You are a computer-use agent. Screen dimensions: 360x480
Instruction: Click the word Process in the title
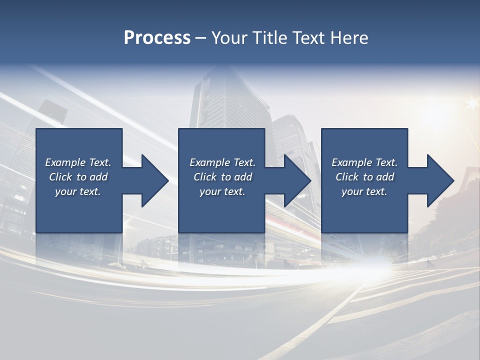(157, 38)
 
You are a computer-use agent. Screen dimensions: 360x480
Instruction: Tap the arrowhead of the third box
(439, 180)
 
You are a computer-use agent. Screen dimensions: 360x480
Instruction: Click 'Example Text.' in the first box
(78, 162)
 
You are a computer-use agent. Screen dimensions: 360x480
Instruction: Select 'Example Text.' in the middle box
(222, 162)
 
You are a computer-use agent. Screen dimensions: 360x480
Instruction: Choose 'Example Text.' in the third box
(364, 162)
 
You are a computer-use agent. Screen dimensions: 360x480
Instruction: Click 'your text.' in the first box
(78, 191)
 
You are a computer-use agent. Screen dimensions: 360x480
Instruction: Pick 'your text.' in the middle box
(222, 191)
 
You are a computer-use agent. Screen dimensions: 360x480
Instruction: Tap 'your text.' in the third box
(364, 191)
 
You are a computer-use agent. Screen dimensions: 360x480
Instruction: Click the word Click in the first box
(61, 177)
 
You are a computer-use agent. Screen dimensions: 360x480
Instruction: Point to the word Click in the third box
(347, 177)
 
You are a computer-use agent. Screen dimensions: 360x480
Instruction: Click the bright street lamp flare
(471, 103)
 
